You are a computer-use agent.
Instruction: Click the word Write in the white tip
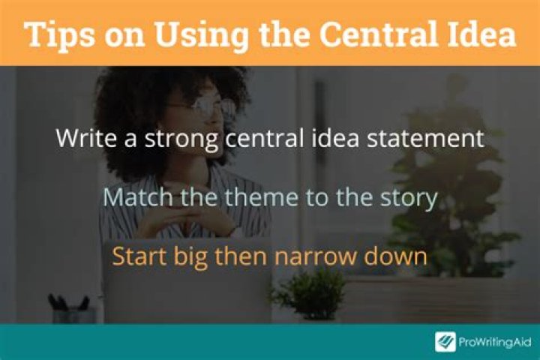pyautogui.click(x=82, y=139)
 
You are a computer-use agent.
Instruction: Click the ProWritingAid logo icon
pyautogui.click(x=445, y=341)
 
